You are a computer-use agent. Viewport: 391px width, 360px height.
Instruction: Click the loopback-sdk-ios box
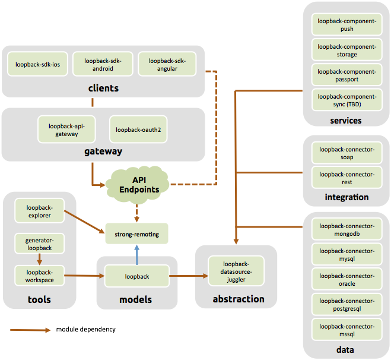(x=37, y=64)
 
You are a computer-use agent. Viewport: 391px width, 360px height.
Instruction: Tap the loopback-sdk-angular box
(x=167, y=64)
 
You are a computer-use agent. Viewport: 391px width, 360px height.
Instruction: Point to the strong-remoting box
(x=137, y=234)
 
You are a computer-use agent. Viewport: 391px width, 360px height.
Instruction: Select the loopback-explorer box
(x=39, y=211)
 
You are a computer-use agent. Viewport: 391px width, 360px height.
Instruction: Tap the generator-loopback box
(x=39, y=244)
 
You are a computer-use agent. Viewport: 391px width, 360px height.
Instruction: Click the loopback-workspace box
(x=39, y=276)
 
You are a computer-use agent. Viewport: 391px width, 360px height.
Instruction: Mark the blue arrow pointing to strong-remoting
(x=137, y=255)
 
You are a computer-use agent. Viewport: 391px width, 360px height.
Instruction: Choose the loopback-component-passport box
(x=347, y=75)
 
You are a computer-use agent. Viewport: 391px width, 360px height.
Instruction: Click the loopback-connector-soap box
(x=347, y=153)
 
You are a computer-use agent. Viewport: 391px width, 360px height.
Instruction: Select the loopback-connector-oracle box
(x=347, y=280)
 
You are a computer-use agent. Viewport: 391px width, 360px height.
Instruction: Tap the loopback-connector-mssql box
(x=347, y=330)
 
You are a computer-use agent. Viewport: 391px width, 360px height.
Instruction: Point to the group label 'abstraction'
(x=238, y=299)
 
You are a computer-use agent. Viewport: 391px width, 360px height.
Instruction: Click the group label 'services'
(x=346, y=120)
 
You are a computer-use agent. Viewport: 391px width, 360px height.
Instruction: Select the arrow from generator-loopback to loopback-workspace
(x=39, y=260)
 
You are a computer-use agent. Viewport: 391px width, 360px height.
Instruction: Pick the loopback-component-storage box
(x=347, y=50)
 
